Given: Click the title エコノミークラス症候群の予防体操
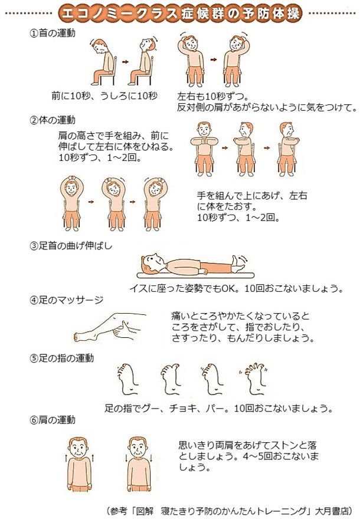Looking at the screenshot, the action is (x=181, y=14).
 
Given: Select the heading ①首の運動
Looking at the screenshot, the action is (x=53, y=33).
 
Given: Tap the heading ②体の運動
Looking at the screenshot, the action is (x=53, y=120).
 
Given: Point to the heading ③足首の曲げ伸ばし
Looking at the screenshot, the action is (x=71, y=246).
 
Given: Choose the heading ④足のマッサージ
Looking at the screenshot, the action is (x=67, y=300).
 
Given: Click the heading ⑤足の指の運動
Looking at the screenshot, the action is (x=62, y=358).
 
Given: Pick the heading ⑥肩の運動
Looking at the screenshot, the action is (x=53, y=420).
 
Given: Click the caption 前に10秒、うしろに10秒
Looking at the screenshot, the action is (x=104, y=96).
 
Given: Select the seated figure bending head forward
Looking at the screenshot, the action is (x=104, y=62).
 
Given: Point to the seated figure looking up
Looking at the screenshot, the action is (x=142, y=61).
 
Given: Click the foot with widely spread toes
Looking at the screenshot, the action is (x=254, y=378).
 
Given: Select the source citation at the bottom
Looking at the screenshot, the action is (x=230, y=511).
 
